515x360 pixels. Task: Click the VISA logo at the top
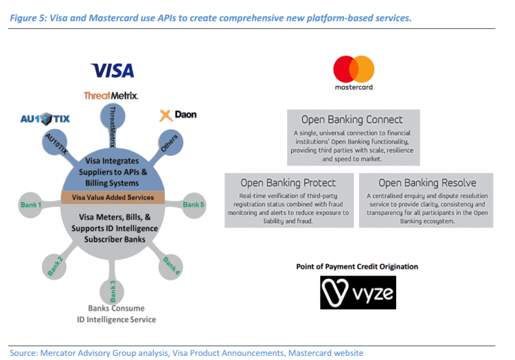113,70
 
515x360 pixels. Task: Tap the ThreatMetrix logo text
111,95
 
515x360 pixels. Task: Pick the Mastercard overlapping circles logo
353,70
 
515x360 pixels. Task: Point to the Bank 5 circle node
194,204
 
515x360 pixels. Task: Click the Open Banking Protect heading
288,183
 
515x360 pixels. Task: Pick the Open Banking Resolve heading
426,183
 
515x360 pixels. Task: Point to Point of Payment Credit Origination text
356,267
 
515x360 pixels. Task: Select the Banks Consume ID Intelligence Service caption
116,314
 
